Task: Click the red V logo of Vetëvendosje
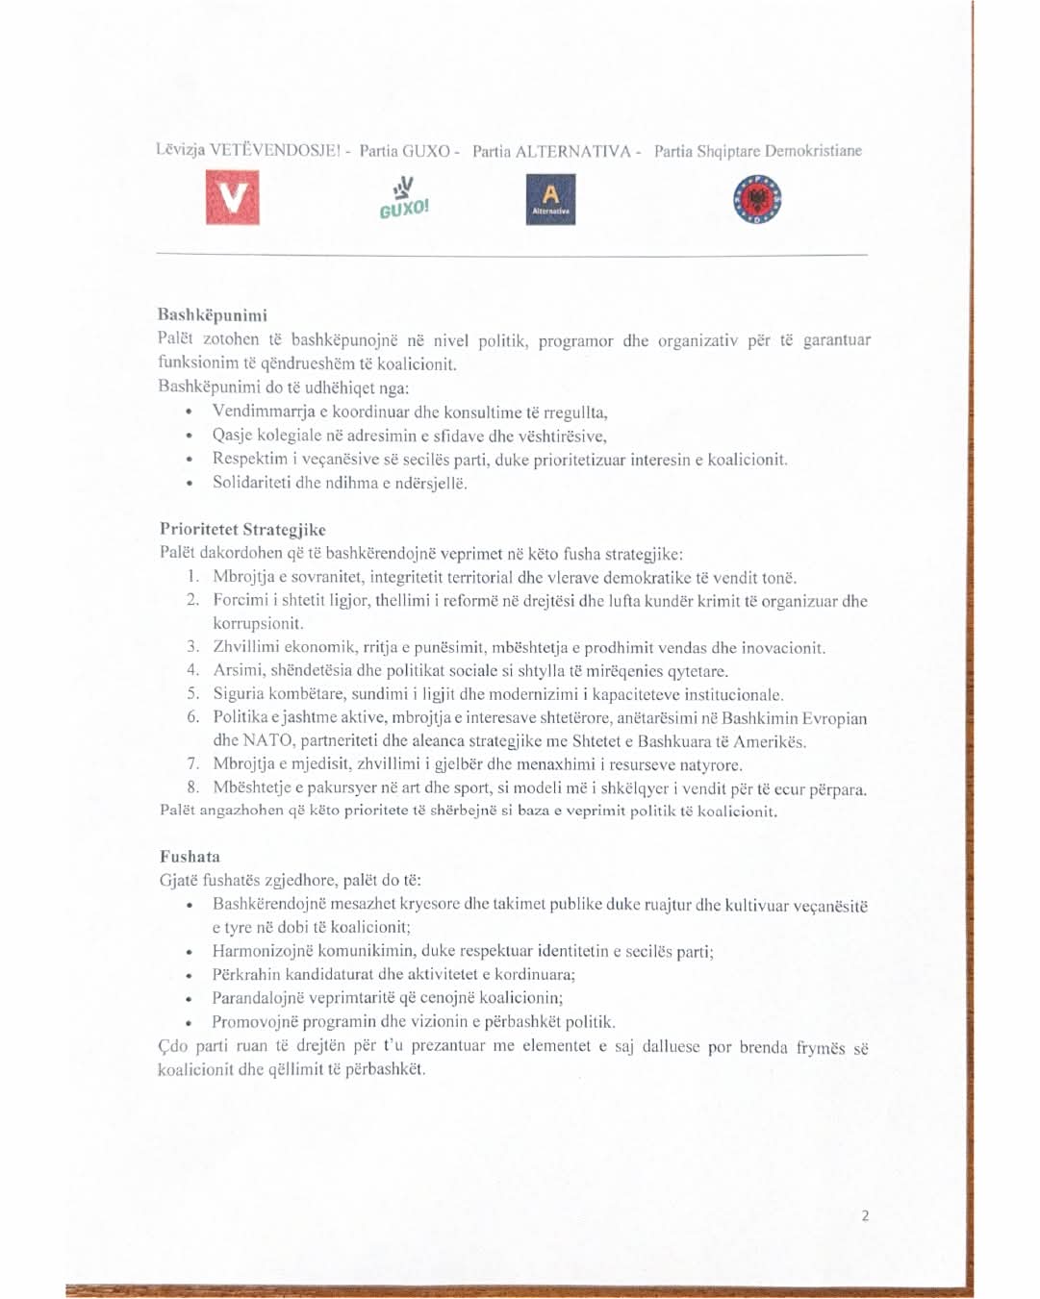pyautogui.click(x=232, y=197)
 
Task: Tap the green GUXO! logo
pyautogui.click(x=404, y=198)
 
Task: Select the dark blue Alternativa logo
pyautogui.click(x=550, y=199)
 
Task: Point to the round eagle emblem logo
pyautogui.click(x=757, y=200)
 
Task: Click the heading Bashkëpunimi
pyautogui.click(x=213, y=314)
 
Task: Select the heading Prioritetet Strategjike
pyautogui.click(x=242, y=529)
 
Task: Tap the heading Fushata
pyautogui.click(x=190, y=856)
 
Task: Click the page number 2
pyautogui.click(x=865, y=1215)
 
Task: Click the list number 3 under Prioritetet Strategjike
pyautogui.click(x=192, y=647)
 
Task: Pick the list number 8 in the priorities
pyautogui.click(x=192, y=787)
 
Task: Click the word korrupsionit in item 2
pyautogui.click(x=258, y=623)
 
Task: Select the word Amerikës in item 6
pyautogui.click(x=770, y=741)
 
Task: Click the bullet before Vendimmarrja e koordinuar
pyautogui.click(x=190, y=412)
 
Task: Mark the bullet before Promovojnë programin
pyautogui.click(x=190, y=1023)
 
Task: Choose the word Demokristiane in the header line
pyautogui.click(x=813, y=151)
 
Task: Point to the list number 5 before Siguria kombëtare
pyautogui.click(x=192, y=693)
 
